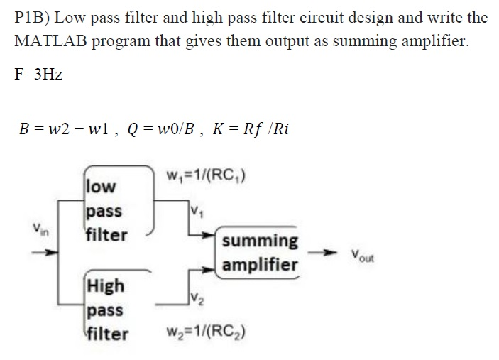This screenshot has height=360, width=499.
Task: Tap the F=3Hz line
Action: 38,73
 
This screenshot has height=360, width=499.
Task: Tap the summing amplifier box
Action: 260,253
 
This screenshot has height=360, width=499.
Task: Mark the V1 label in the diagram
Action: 197,209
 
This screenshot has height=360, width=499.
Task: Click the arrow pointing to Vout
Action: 324,253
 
